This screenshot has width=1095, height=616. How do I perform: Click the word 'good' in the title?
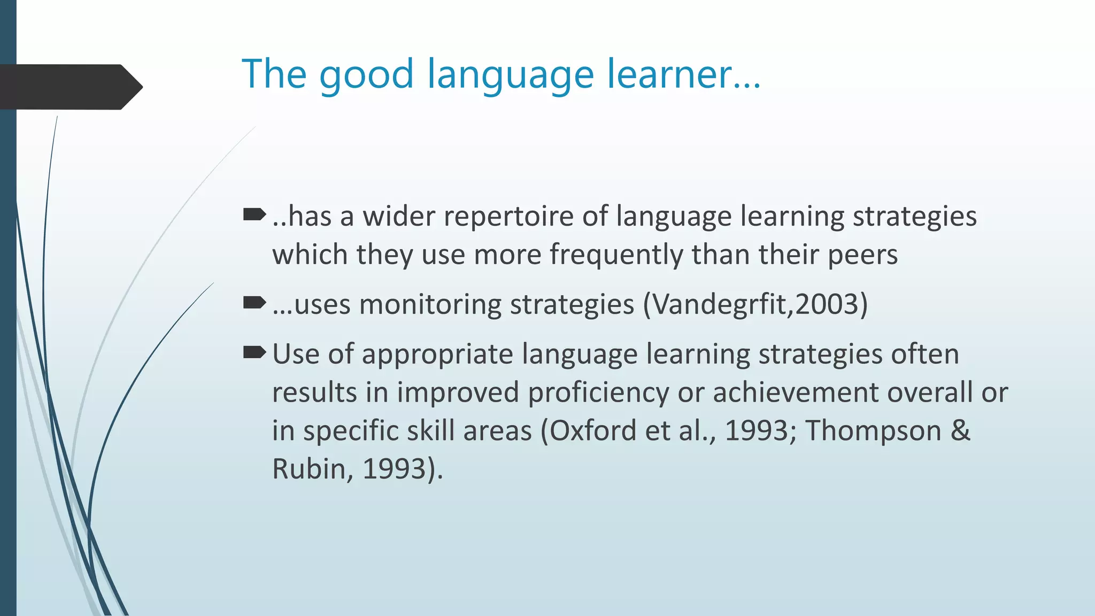coord(366,75)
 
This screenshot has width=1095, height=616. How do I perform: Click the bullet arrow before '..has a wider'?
coord(254,215)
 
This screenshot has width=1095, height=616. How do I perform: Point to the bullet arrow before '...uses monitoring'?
coord(254,303)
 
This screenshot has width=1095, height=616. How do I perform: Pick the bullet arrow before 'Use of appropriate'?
coord(254,352)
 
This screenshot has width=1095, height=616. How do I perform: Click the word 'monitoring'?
coord(430,305)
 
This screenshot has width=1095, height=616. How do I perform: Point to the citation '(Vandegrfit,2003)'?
coord(755,305)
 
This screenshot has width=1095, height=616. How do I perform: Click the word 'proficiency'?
coord(598,393)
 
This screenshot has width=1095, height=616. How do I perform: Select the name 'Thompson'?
coord(873,432)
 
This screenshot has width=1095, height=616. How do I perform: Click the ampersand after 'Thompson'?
coord(960,430)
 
